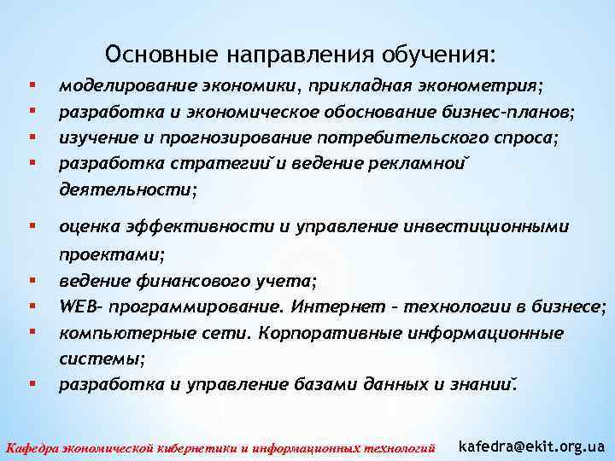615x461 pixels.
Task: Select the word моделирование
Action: tap(119, 86)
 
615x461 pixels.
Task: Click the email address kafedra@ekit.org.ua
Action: tap(532, 446)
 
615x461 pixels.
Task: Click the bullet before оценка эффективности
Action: tap(32, 226)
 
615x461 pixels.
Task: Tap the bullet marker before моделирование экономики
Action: tap(32, 86)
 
